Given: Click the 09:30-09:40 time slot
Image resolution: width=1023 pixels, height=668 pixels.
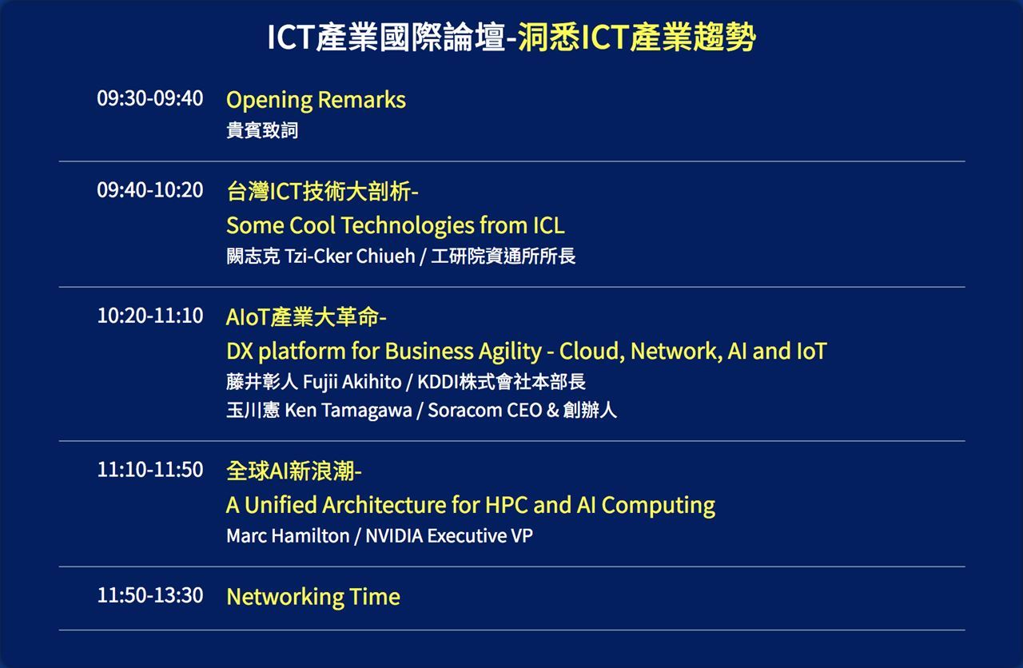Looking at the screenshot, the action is [x=149, y=98].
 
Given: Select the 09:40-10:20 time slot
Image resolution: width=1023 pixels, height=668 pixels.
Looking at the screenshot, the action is [x=149, y=189].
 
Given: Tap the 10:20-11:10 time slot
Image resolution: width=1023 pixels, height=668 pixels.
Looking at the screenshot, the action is [x=149, y=316].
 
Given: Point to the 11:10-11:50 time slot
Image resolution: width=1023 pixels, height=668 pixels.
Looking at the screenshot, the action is [x=149, y=469].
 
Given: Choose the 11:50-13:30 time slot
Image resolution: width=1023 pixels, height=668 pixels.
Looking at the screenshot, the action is [x=149, y=595].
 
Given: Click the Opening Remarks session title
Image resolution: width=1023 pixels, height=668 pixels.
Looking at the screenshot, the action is [x=316, y=101].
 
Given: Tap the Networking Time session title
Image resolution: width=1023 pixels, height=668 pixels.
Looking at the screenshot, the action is [x=313, y=597].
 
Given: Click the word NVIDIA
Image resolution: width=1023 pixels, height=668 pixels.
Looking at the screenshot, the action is [x=394, y=536].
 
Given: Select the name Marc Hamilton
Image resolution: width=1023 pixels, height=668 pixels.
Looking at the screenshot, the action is [x=288, y=536].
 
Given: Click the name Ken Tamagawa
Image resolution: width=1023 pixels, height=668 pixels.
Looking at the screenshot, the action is [x=348, y=411].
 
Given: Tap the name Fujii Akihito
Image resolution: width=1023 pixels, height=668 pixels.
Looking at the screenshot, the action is [x=352, y=382].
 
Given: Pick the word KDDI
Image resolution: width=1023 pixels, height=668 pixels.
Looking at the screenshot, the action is [x=437, y=382].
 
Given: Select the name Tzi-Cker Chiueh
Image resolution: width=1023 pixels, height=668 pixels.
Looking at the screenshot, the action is [x=350, y=256].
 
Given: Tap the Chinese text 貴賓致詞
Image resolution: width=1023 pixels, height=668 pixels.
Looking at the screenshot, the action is [x=262, y=130].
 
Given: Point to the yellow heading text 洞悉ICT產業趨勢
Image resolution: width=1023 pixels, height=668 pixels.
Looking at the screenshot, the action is [x=637, y=37].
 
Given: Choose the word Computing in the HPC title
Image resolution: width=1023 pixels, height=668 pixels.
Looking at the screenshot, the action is [x=658, y=507].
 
